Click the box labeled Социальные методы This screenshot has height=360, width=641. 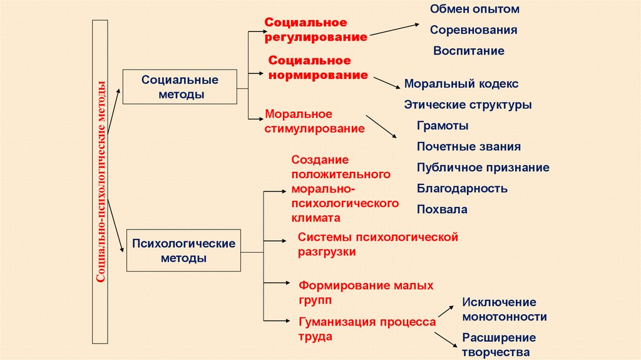(180, 87)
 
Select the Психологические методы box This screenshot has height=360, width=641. (183, 250)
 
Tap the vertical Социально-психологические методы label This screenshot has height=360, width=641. (100, 182)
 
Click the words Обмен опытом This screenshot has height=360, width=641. (474, 9)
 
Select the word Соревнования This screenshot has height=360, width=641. (473, 29)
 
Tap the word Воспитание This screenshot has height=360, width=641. (468, 51)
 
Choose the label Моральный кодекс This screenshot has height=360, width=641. (461, 83)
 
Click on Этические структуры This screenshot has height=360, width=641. (468, 105)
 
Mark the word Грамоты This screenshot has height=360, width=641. (443, 125)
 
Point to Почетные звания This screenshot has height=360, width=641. (468, 147)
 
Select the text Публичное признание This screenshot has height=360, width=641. (483, 167)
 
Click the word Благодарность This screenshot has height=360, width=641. (462, 188)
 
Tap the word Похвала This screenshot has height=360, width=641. (442, 209)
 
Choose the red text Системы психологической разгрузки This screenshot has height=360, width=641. (378, 244)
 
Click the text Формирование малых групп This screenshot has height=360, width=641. (366, 292)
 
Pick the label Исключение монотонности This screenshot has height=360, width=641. (504, 310)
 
